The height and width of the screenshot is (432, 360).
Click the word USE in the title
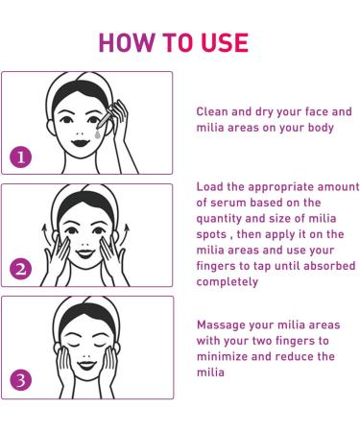(225, 42)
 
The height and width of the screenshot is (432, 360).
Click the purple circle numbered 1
(21, 157)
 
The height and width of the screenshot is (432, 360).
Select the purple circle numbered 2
(21, 269)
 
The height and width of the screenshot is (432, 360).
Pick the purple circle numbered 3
(21, 380)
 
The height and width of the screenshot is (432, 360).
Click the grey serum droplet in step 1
(97, 133)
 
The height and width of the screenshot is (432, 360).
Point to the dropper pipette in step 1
(106, 117)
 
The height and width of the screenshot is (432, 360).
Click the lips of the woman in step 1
(80, 142)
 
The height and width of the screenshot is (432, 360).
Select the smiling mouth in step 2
(85, 253)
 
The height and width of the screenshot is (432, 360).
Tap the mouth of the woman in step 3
(86, 365)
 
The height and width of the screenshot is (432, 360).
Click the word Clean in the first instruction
(212, 111)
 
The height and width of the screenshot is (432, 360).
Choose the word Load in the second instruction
(209, 186)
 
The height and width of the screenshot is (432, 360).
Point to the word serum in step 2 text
(228, 203)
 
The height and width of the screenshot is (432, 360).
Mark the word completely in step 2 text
(228, 282)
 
